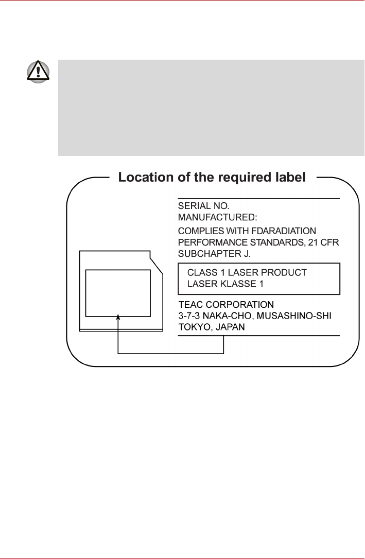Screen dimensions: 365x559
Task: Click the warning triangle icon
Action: (39, 73)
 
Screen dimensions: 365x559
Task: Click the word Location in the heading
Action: (146, 178)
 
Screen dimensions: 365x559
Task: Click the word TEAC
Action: (190, 304)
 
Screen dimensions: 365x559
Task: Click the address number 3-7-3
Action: (189, 315)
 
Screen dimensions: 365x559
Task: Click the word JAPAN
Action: (231, 326)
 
